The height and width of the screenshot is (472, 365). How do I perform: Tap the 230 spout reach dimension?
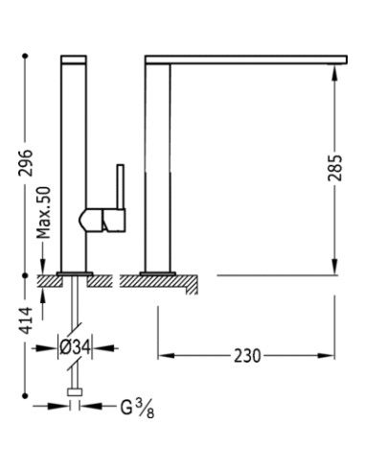point(247,356)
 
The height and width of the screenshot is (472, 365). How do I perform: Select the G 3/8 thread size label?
point(135,409)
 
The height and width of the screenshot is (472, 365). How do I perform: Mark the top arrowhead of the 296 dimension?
point(26,60)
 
